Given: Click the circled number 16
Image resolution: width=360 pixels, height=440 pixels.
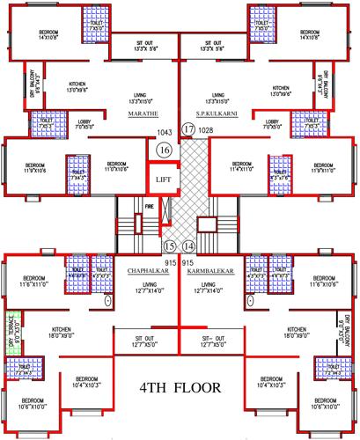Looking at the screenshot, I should [165, 150].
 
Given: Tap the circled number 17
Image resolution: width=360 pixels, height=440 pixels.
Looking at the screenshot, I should [187, 130].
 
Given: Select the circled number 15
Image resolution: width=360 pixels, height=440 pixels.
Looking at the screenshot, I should [170, 246].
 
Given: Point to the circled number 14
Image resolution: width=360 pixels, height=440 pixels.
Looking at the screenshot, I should [188, 246].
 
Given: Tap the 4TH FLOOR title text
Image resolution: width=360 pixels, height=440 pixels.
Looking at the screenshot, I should [180, 387].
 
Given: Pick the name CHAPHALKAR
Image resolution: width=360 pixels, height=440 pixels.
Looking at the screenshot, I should [147, 273].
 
